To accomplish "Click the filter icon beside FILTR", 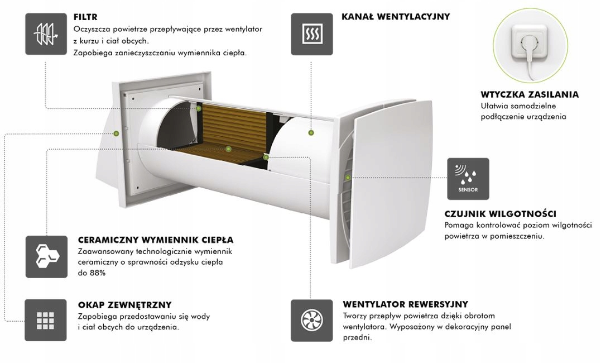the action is coord(46,34).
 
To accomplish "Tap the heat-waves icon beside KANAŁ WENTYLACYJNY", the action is coord(311,34).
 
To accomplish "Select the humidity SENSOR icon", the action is coord(468,179).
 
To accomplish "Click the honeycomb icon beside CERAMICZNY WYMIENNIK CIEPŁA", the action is coord(46,256).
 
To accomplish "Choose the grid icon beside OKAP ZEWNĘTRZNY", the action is coord(46,320).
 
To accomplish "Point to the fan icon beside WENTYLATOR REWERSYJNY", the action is coord(311,320).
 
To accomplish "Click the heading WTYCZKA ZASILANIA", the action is coord(529,94).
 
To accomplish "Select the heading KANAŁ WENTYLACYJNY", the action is coord(396,17).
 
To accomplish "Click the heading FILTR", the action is coord(85,17).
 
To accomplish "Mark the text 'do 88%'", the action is coord(92,273).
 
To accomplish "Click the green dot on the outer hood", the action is coord(116,133).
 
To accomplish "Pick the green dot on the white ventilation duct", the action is coord(311,132).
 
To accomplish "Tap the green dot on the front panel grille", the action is coord(348,178).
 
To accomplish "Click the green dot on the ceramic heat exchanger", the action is coord(228,149).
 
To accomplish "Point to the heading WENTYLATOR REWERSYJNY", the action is coord(405,304).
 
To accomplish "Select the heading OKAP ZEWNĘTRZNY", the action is coord(124,304).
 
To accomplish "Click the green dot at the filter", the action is coord(199,108).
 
